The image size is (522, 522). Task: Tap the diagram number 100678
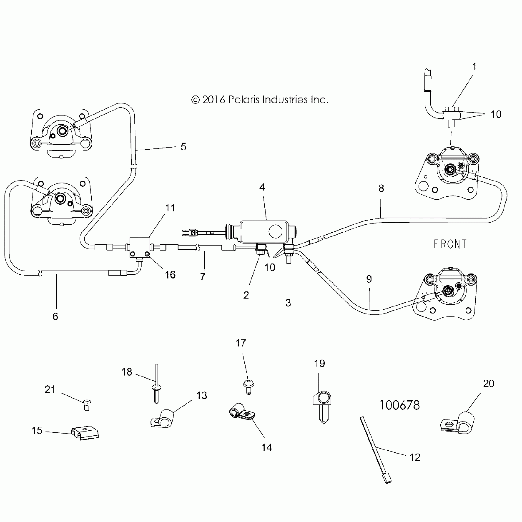pos(399,405)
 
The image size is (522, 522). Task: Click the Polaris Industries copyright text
pos(260,100)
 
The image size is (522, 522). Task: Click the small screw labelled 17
pos(248,386)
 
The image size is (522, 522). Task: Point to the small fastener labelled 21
pos(87,405)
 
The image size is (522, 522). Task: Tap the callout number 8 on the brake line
pos(381,188)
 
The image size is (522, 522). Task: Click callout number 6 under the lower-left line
pos(55,316)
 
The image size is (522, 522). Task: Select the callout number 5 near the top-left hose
pos(183,147)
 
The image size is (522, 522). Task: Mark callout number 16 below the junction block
pos(170,275)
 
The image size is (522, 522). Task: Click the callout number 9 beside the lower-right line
pos(369,279)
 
